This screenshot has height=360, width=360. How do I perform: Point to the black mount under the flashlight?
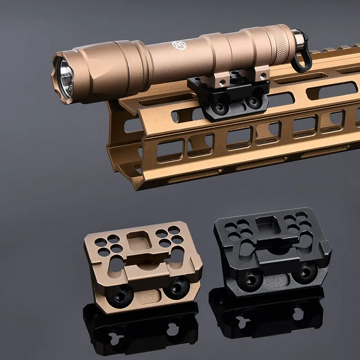pos(229,97)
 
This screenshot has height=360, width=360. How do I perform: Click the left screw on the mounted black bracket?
pos(220,107)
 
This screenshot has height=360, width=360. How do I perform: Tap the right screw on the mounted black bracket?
pos(253,102)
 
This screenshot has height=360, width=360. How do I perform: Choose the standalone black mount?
pos(272,252)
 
